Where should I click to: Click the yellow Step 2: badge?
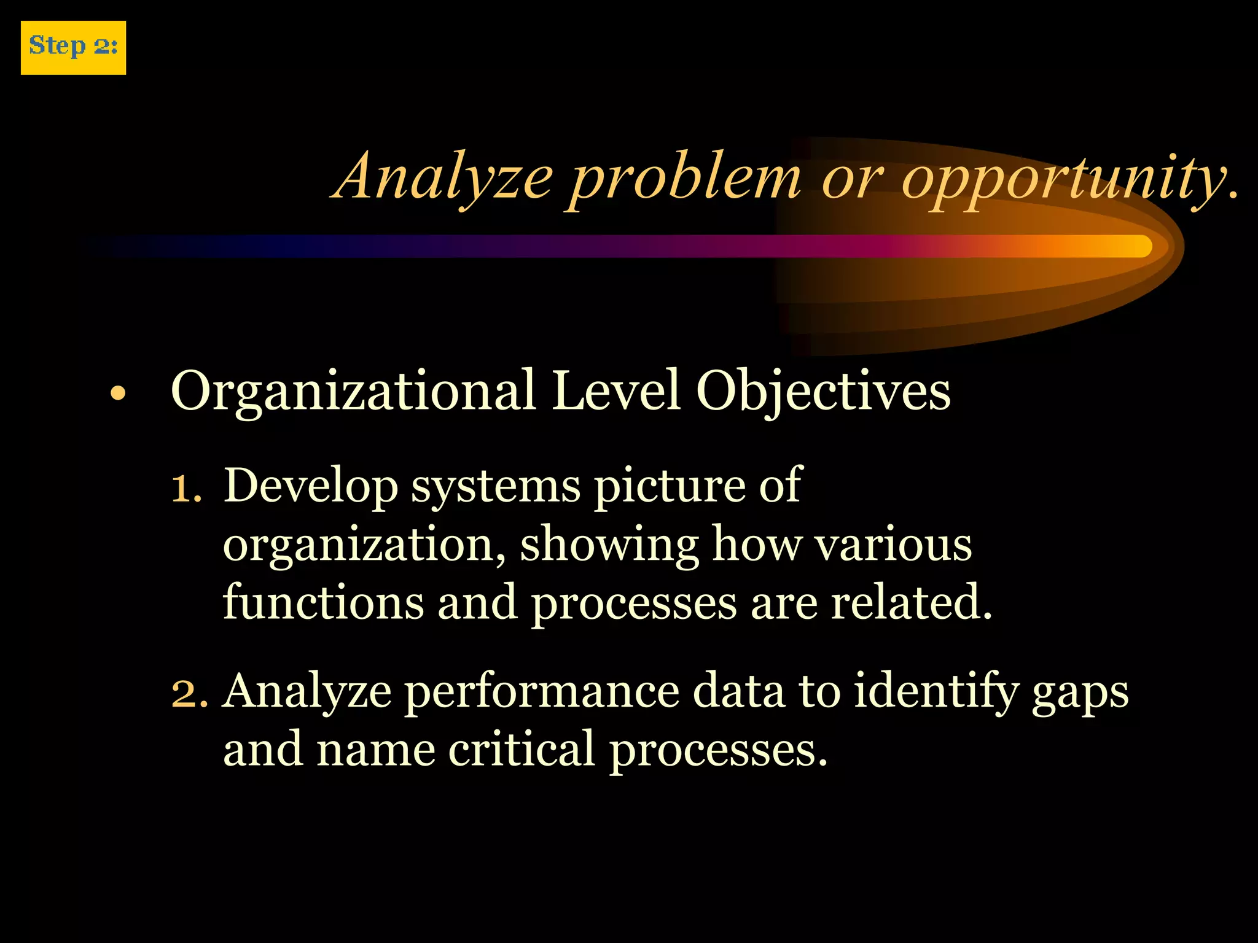pos(73,48)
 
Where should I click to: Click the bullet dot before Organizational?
pos(117,394)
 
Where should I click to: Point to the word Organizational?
pos(353,392)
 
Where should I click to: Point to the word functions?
pos(323,602)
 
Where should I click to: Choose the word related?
pos(912,602)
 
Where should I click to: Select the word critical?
pos(522,750)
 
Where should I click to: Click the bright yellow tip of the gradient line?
pos(1136,246)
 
